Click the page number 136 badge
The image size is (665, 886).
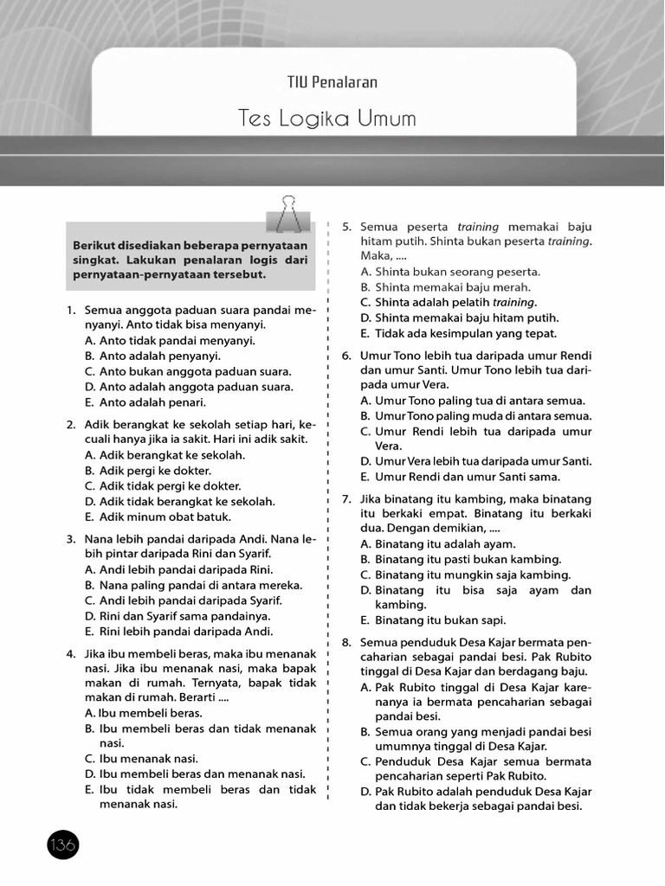coord(63,844)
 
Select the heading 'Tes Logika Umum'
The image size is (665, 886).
coord(327,119)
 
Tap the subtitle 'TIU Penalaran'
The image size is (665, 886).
coord(332,82)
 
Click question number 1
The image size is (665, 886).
coord(69,310)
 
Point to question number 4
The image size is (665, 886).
coord(69,653)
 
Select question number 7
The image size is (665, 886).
coord(345,499)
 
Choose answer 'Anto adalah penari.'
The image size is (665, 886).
coord(152,402)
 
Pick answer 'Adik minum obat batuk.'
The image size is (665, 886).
coord(165,517)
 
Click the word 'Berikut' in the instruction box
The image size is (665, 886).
coord(94,244)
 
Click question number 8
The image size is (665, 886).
coord(345,643)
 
